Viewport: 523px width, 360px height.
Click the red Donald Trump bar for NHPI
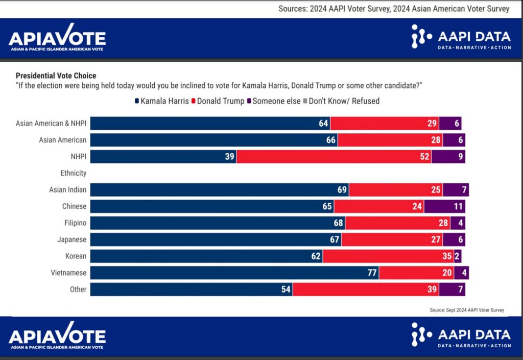pos(334,157)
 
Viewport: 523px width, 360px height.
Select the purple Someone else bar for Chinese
pos(444,206)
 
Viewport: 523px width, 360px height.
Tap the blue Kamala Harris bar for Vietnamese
pos(234,273)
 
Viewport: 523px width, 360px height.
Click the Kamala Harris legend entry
pos(161,101)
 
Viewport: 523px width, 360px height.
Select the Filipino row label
pos(74,223)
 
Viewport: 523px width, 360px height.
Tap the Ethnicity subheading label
pos(73,173)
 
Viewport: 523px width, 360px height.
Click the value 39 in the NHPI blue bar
pos(229,157)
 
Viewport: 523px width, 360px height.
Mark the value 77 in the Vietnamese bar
pos(372,273)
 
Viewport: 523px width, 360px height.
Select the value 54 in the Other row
pos(286,290)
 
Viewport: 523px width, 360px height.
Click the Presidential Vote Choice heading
pos(56,76)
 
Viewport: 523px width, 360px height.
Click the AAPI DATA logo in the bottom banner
pos(461,335)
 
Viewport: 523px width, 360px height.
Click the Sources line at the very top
pos(393,9)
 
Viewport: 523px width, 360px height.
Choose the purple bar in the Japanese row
pos(454,239)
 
